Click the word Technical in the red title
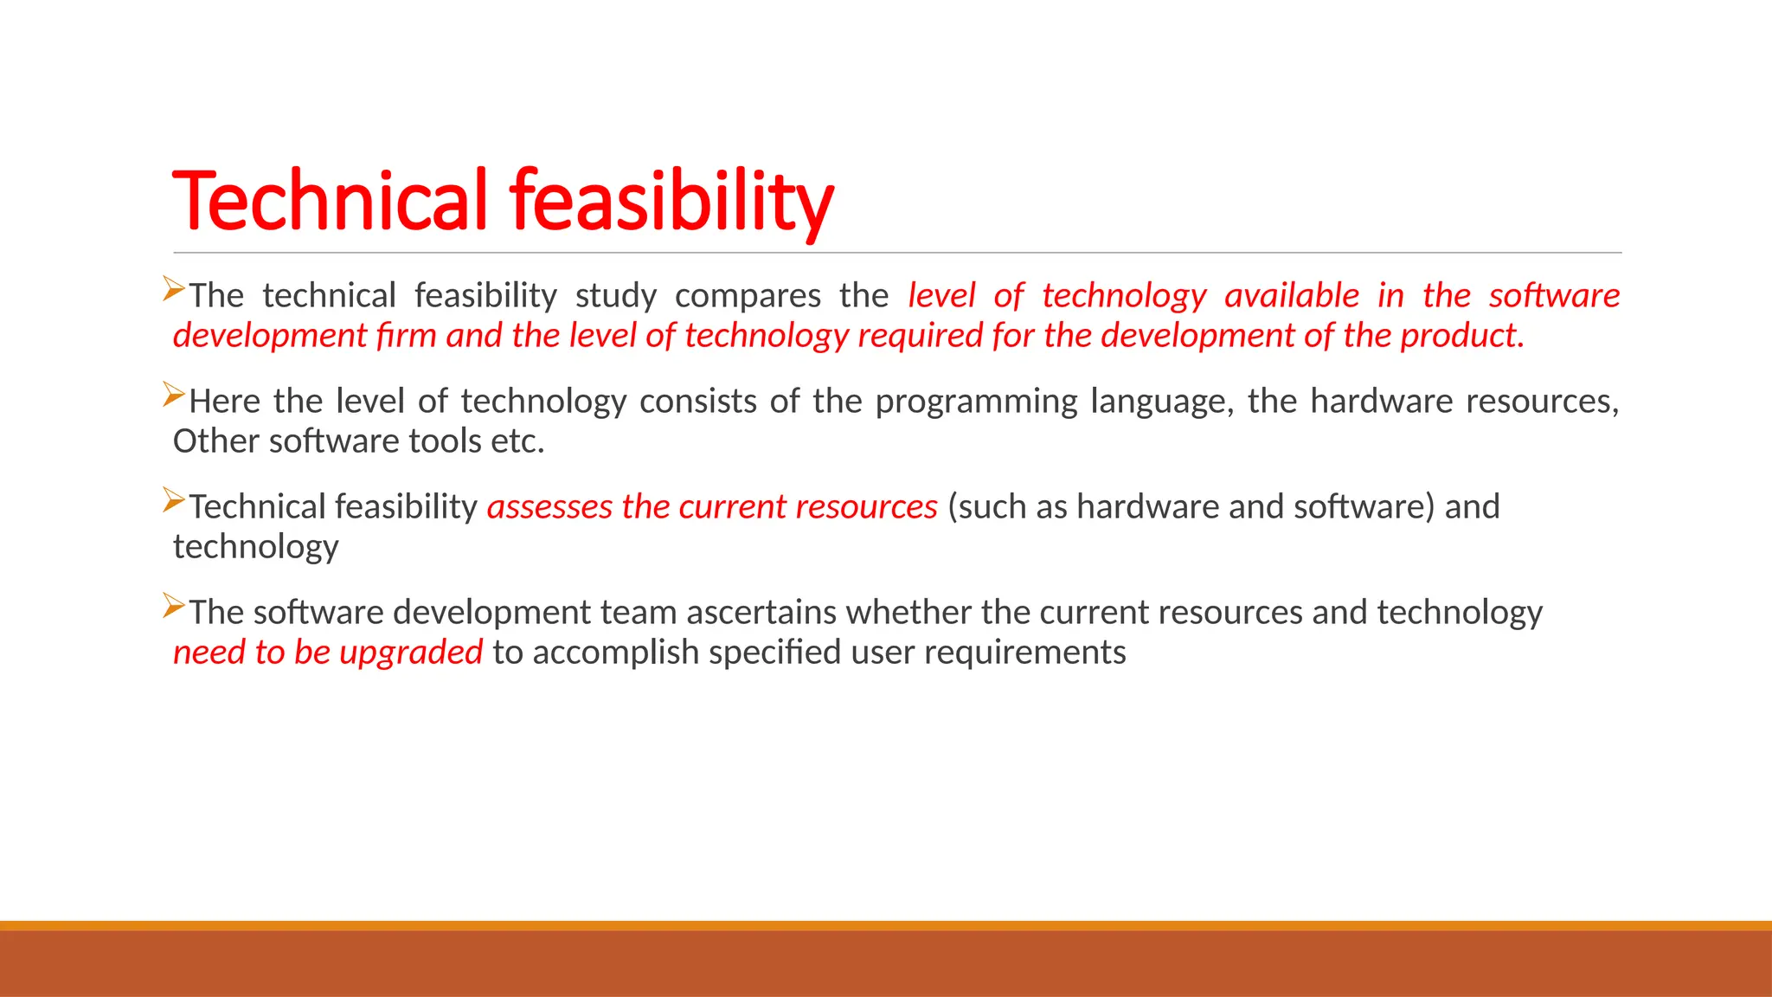[x=330, y=201]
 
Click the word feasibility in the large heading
[x=671, y=201]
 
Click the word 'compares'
[x=748, y=296]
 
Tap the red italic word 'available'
[x=1292, y=296]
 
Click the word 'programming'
[x=976, y=402]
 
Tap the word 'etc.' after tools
[x=517, y=441]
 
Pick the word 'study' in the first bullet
[x=615, y=296]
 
